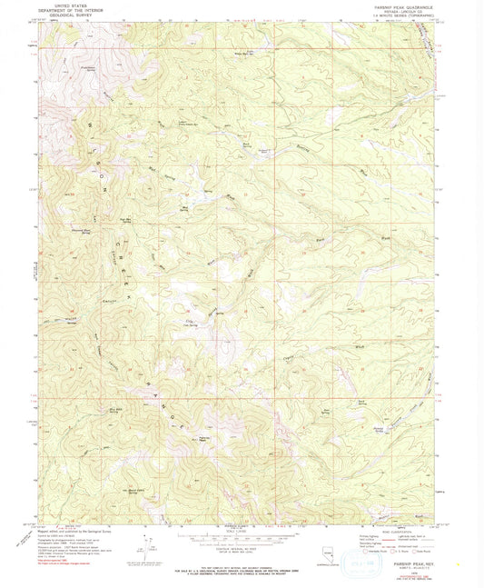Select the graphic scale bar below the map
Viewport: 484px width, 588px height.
click(242, 536)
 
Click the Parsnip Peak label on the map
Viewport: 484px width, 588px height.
click(205, 438)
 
